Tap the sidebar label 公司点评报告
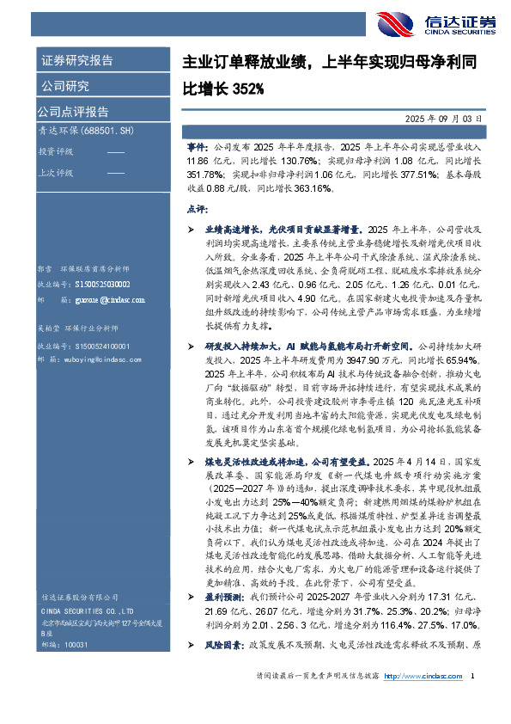(73, 111)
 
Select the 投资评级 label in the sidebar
(57, 151)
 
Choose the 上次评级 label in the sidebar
(57, 173)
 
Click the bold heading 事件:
(197, 148)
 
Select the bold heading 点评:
(197, 208)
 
